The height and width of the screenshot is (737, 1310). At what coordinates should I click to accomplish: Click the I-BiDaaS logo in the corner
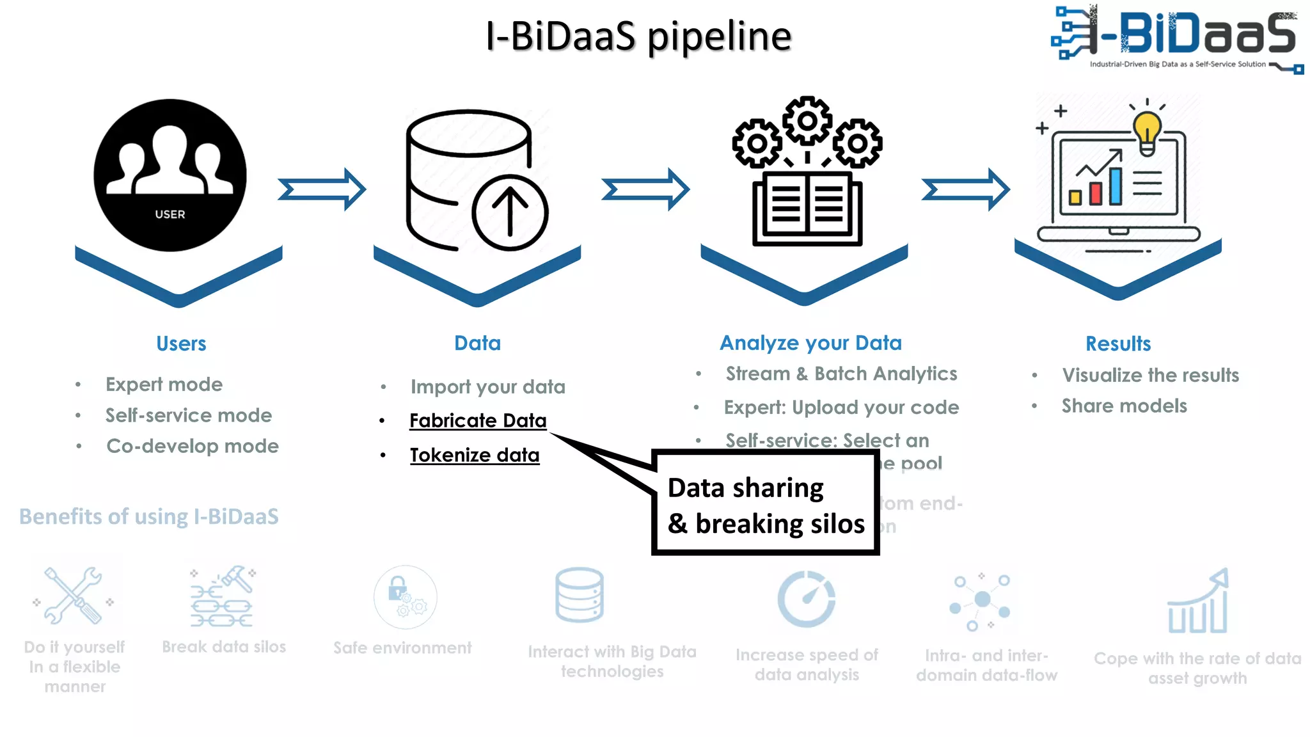(1176, 38)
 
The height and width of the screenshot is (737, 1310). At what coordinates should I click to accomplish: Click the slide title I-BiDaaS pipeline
(638, 36)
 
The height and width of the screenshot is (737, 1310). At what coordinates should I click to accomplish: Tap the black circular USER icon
(170, 175)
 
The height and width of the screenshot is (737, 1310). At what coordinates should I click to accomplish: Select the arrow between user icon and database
(322, 189)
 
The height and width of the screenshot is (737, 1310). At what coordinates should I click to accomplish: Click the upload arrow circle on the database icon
(510, 213)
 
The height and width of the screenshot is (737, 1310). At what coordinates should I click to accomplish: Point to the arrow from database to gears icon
(645, 189)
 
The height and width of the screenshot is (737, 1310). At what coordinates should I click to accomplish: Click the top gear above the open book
(807, 121)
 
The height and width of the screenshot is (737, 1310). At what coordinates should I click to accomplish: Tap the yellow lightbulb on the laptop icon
(1148, 131)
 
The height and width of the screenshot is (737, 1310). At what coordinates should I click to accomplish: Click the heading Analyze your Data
(810, 343)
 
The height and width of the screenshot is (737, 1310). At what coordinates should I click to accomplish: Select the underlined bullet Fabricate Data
(478, 420)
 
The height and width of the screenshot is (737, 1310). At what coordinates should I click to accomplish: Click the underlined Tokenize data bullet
(475, 455)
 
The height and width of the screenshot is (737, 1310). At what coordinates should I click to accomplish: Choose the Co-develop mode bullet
(192, 446)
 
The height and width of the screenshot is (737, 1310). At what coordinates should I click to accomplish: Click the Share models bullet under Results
(1124, 406)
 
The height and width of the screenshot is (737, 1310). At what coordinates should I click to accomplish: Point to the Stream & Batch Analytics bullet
(841, 374)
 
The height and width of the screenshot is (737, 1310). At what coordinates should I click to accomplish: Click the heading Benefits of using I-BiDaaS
(149, 516)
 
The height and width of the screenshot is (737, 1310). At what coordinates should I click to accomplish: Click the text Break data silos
(224, 647)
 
